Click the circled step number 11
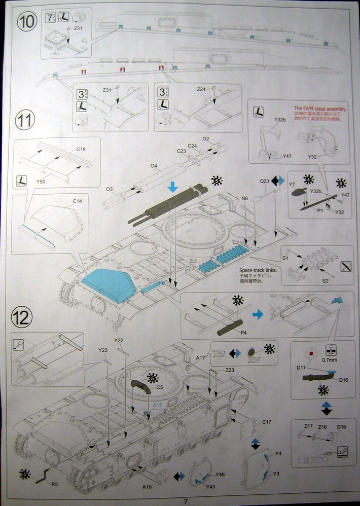[25, 121]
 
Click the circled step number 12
[21, 318]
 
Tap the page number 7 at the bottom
[186, 501]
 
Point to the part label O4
[154, 166]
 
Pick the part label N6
[245, 198]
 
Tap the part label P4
[243, 333]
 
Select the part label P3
[55, 484]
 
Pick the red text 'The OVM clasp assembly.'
[320, 109]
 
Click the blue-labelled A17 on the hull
[158, 405]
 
